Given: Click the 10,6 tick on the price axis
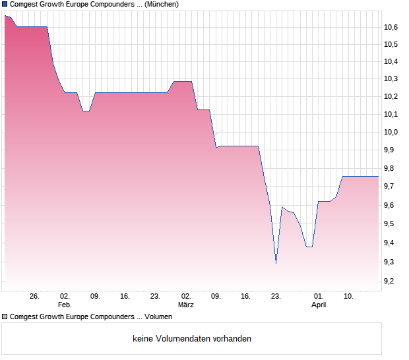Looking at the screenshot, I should [x=391, y=27].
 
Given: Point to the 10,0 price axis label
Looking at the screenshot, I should [x=391, y=132].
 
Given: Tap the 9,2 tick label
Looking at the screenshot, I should [x=391, y=282].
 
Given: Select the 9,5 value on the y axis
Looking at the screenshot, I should [x=391, y=224].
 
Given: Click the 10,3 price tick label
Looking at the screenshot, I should [x=391, y=79].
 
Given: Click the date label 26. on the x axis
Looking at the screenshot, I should [x=35, y=296].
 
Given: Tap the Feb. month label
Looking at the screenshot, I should [x=65, y=305].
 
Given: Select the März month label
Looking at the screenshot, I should [x=186, y=305].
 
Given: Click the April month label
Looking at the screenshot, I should [x=319, y=305].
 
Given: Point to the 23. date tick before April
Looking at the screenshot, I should [x=276, y=296].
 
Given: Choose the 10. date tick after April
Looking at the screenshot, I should [x=349, y=296].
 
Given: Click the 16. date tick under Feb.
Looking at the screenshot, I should [x=125, y=296].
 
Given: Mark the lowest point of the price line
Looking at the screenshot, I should [x=276, y=263].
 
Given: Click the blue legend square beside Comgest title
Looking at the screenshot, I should [x=5, y=4].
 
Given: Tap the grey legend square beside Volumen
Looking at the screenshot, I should [x=5, y=317].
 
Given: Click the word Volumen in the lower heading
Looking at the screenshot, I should [x=157, y=317].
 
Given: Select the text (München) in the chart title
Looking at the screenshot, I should [x=162, y=4].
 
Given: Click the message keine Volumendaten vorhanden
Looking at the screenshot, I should [x=192, y=339].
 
